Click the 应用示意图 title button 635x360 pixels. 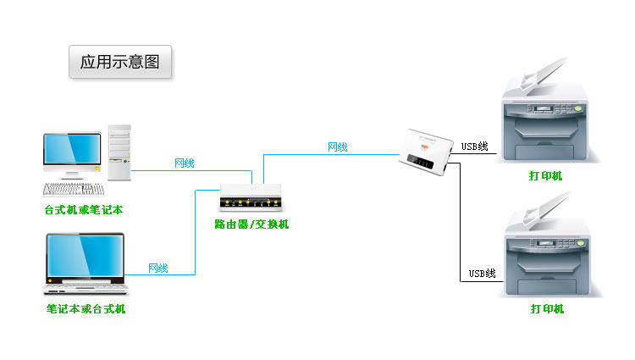120,62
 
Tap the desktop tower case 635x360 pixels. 119,152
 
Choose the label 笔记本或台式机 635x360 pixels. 86,309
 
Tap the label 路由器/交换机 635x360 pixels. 251,224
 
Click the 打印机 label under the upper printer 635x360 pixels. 546,176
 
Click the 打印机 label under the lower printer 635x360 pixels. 547,309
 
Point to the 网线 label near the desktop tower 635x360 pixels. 184,163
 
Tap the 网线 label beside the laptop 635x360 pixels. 158,269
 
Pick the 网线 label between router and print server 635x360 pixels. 337,147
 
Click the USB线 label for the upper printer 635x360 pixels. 474,147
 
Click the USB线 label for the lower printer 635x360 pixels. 483,274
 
